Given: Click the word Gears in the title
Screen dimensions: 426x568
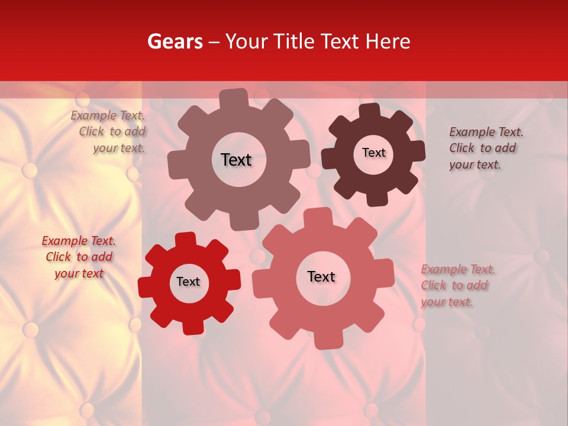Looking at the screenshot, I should (175, 41).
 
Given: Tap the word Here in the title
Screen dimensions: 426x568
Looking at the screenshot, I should (388, 41).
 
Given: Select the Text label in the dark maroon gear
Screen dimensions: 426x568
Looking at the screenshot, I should (373, 153).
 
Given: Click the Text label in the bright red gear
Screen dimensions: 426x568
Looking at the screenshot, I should (188, 282).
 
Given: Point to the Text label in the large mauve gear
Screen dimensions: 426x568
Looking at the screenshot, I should (236, 160).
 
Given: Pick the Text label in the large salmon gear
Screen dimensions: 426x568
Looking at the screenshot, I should (321, 276).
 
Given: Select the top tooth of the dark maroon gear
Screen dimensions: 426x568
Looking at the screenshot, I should (369, 111).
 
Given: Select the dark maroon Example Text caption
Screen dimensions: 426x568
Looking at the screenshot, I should (485, 148).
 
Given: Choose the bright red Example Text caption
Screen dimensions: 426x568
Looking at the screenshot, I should (79, 257).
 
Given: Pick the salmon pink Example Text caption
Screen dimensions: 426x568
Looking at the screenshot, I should (457, 285).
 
